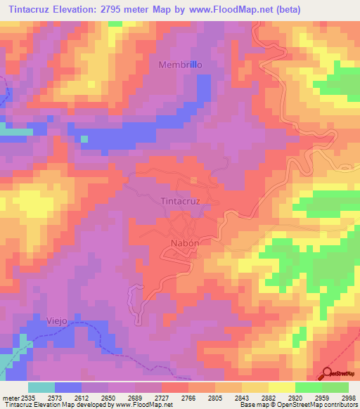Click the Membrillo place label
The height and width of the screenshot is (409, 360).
click(x=181, y=64)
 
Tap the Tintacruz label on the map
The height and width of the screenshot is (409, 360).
click(x=181, y=201)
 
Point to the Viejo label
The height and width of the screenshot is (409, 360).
click(x=58, y=320)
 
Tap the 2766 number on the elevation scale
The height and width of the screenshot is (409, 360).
click(x=188, y=398)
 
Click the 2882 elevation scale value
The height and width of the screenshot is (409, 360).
click(x=269, y=398)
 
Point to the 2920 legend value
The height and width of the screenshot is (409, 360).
click(x=295, y=398)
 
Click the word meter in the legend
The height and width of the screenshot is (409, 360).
click(x=8, y=398)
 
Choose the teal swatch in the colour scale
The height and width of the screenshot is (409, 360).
click(x=41, y=387)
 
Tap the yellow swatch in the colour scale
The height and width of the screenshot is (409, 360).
click(x=281, y=387)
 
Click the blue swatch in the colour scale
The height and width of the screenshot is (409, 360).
click(x=68, y=387)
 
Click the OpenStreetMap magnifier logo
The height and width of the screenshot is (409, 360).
click(x=328, y=374)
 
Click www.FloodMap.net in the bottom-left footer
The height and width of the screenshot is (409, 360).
click(x=143, y=405)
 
